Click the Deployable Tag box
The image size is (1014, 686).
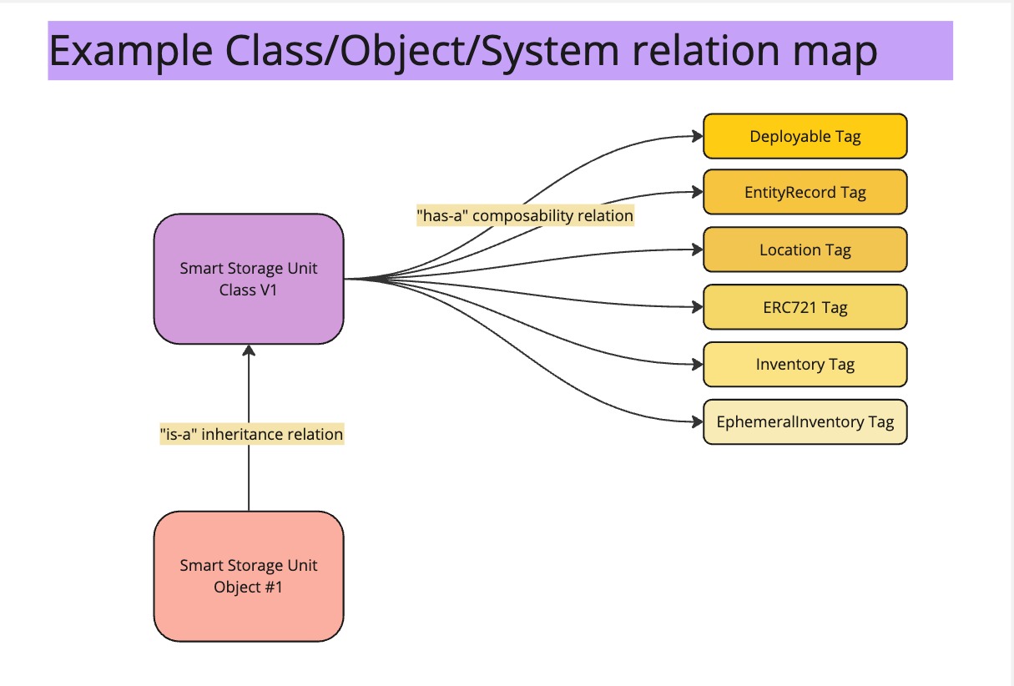pyautogui.click(x=805, y=136)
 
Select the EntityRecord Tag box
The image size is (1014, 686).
pyautogui.click(x=805, y=193)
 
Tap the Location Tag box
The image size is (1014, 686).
pyautogui.click(x=805, y=250)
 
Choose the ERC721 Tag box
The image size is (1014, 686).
pyautogui.click(x=805, y=307)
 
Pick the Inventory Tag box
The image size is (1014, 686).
pyautogui.click(x=805, y=365)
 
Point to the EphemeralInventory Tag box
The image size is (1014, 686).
pyautogui.click(x=805, y=421)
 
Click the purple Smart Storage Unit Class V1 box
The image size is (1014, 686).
pyautogui.click(x=249, y=278)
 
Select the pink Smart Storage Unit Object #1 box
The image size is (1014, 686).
pyautogui.click(x=249, y=576)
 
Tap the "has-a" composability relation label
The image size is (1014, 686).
pyautogui.click(x=524, y=215)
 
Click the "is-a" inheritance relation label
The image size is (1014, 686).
pyautogui.click(x=251, y=434)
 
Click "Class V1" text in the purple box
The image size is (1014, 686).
pyautogui.click(x=249, y=290)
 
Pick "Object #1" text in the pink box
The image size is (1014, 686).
pyautogui.click(x=249, y=587)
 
